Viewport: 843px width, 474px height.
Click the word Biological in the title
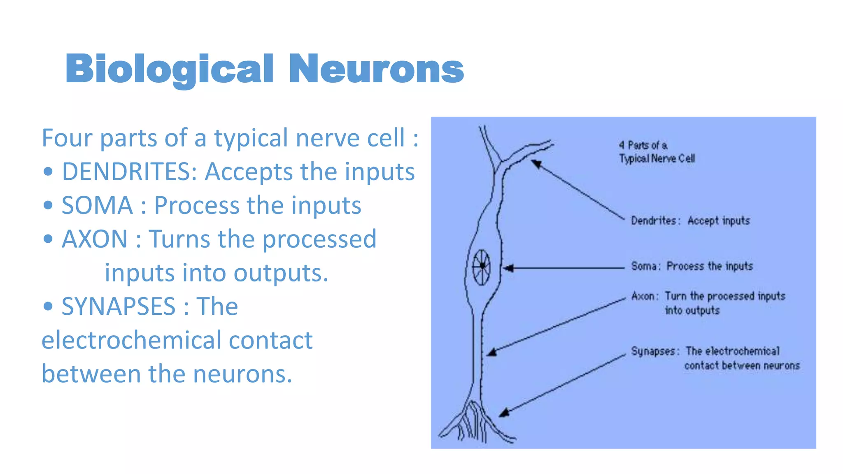click(169, 69)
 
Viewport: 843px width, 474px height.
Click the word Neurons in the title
click(376, 69)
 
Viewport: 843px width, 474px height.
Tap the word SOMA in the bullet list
click(97, 205)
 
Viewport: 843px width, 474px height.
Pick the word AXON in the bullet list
click(95, 239)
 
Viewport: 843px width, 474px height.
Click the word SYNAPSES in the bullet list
click(119, 307)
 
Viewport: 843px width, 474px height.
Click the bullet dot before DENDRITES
click(48, 172)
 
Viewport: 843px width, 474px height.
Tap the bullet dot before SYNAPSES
click(48, 307)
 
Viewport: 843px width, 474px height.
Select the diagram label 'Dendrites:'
click(653, 221)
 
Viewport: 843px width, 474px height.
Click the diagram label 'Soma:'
click(645, 266)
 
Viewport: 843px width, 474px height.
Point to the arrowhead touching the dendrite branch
click(536, 164)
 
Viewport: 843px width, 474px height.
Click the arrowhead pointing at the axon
click(492, 352)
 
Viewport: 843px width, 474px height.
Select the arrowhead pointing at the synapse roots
click(504, 413)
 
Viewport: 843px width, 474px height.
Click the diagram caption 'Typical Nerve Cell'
click(657, 159)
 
